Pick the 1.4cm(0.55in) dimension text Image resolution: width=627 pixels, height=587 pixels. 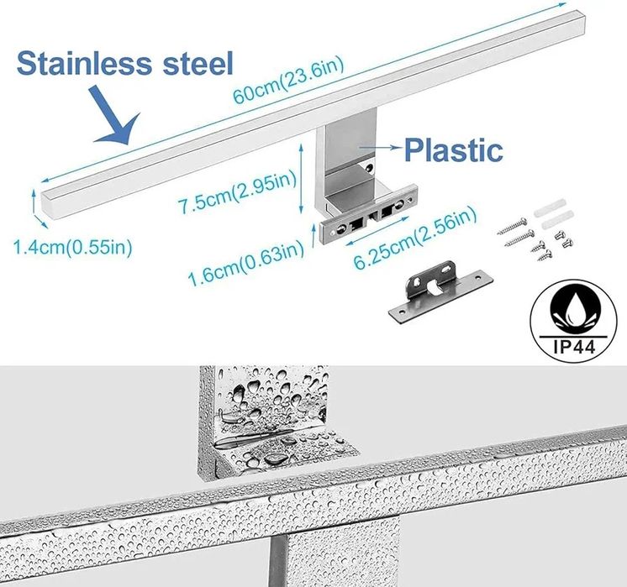[72, 247]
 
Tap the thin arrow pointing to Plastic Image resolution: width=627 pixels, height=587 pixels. [377, 149]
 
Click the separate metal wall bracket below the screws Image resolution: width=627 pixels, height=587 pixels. [436, 293]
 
